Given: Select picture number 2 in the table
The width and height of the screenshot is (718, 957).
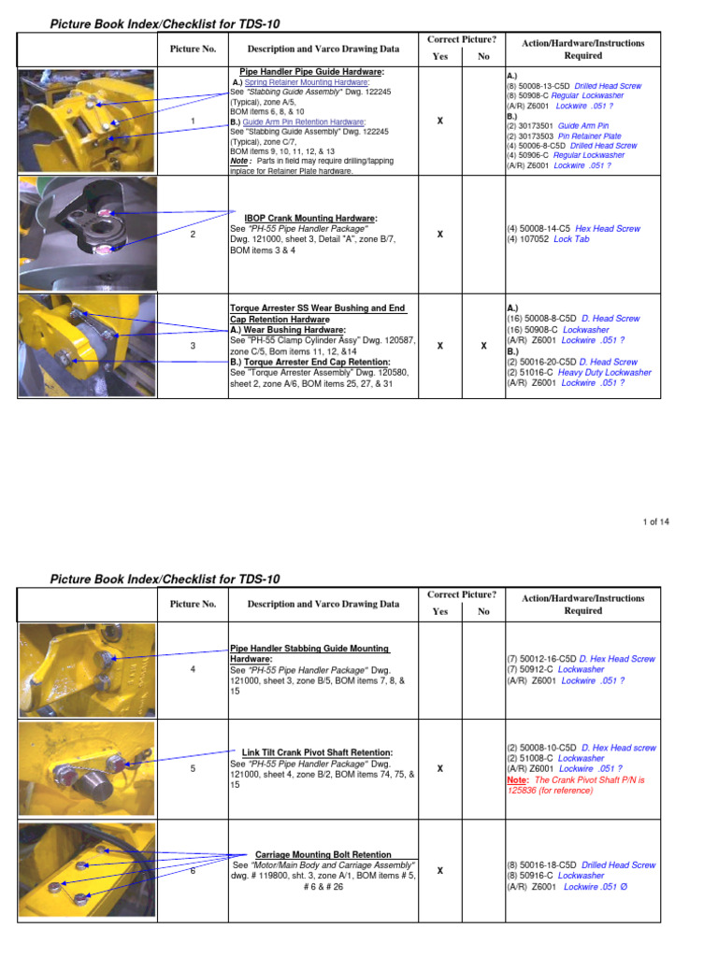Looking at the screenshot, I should [x=193, y=234].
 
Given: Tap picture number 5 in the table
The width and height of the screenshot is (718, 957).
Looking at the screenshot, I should [x=193, y=768].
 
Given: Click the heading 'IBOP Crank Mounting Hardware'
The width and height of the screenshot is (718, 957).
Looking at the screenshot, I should [x=310, y=218].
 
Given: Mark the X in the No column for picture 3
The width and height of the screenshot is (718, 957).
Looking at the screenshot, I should [x=483, y=346].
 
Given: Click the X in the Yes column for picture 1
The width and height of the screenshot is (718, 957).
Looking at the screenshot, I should [x=439, y=121].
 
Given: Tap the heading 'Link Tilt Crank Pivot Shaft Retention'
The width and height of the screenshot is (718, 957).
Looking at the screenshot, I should [x=317, y=752].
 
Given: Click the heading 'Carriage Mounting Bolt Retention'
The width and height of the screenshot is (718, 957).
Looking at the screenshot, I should [x=323, y=854].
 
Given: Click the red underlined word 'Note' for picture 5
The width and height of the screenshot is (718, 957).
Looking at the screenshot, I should [x=517, y=779].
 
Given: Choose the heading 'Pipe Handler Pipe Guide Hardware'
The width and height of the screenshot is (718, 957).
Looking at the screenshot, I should [x=312, y=71].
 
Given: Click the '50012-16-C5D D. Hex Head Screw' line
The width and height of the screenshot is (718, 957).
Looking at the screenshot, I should [x=581, y=659].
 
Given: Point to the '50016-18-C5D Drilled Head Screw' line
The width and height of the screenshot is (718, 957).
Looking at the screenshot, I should [x=581, y=865].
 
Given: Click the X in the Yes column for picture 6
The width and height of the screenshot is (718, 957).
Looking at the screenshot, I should [x=439, y=871].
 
